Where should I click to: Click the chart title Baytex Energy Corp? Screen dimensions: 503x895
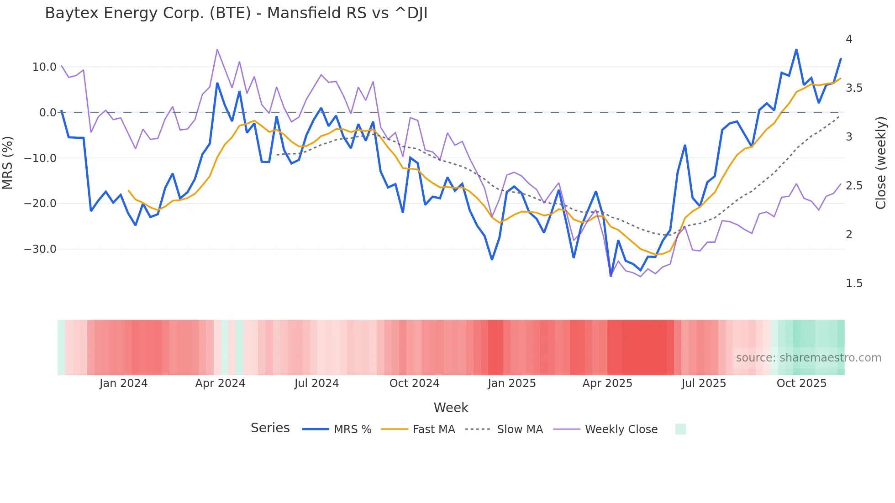pyautogui.click(x=236, y=13)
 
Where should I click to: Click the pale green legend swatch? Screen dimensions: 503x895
pyautogui.click(x=680, y=429)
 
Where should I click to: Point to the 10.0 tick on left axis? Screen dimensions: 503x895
pyautogui.click(x=44, y=67)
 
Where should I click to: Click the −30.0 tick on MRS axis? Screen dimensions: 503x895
pyautogui.click(x=41, y=249)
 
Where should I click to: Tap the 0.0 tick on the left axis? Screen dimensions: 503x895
pyautogui.click(x=47, y=113)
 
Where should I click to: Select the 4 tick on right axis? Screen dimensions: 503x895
pyautogui.click(x=849, y=39)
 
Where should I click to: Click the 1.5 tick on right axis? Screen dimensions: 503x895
pyautogui.click(x=854, y=283)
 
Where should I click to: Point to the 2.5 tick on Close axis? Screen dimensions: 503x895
pyautogui.click(x=854, y=186)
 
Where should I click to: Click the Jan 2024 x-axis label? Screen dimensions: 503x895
pyautogui.click(x=123, y=383)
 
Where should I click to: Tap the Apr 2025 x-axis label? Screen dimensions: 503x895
pyautogui.click(x=607, y=383)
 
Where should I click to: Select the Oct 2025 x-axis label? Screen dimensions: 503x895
pyautogui.click(x=801, y=383)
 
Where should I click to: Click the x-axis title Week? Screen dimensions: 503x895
pyautogui.click(x=451, y=408)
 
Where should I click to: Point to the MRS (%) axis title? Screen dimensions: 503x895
pyautogui.click(x=8, y=162)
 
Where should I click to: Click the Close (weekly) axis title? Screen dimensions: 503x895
pyautogui.click(x=881, y=162)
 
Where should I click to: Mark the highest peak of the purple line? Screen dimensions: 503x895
pyautogui.click(x=217, y=49)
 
